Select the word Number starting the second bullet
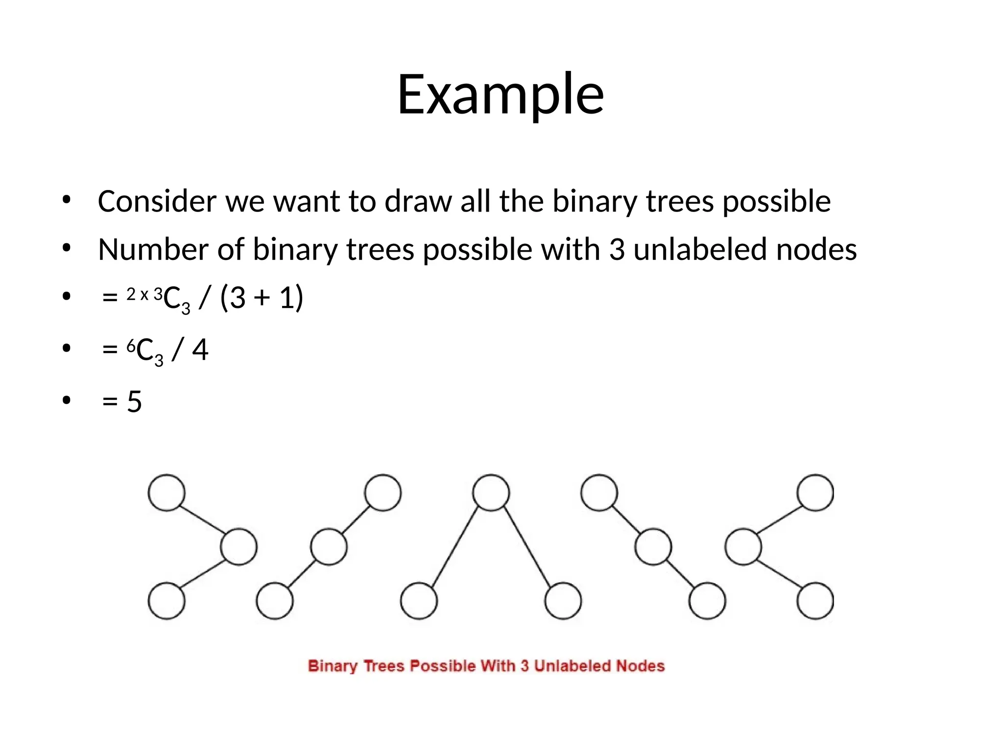pos(153,249)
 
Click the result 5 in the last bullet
pos(134,402)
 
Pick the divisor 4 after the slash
pos(200,350)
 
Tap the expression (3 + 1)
pos(262,298)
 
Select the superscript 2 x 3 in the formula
pos(144,295)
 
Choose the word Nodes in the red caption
pos(640,666)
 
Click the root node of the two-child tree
pos(491,493)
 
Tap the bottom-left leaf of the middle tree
pos(419,601)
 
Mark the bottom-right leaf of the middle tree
pos(563,601)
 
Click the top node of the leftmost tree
pos(167,493)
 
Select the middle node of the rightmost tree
pos(743,547)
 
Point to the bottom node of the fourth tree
pos(707,601)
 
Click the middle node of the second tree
pos(329,547)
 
